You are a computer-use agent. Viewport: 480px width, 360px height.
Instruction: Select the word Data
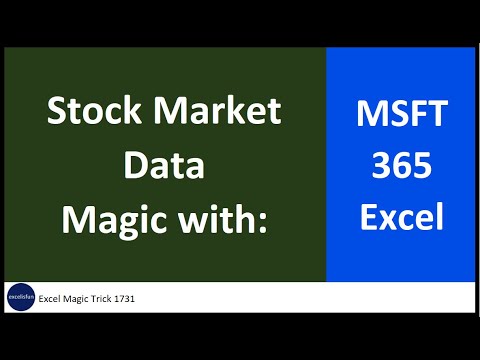point(163,165)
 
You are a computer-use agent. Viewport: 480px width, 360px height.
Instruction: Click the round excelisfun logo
point(21,298)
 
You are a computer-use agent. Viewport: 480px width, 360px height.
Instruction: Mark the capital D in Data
point(133,165)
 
